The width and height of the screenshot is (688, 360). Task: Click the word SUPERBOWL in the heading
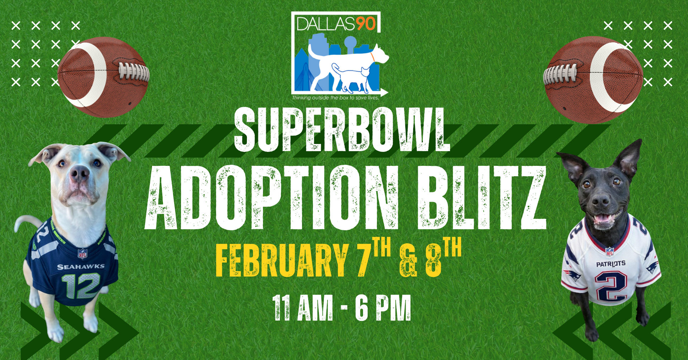coord(342,130)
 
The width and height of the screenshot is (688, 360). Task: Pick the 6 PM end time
coord(383,308)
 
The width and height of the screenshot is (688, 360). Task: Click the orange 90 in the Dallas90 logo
coord(365,24)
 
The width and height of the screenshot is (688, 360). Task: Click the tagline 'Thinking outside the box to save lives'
coord(335,98)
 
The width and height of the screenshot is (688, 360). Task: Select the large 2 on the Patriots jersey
coord(611,285)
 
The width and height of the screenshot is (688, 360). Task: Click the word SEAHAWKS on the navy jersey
coord(81,267)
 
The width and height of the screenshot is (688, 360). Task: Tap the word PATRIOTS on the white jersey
coord(611,264)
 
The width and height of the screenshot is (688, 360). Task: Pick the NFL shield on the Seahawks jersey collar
coord(83,253)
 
